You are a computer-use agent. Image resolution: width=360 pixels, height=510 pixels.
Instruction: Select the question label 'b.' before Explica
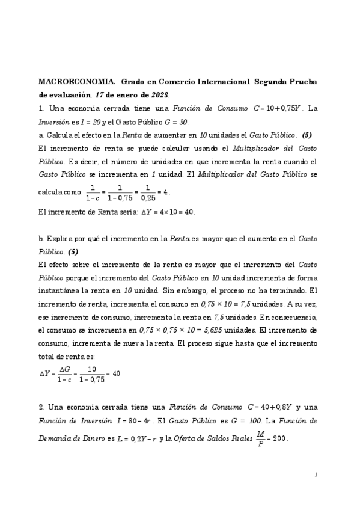click(41, 239)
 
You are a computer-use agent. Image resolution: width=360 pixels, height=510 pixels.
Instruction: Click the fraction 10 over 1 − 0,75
click(92, 373)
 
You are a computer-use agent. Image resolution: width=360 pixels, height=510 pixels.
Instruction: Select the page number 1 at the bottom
click(316, 475)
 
